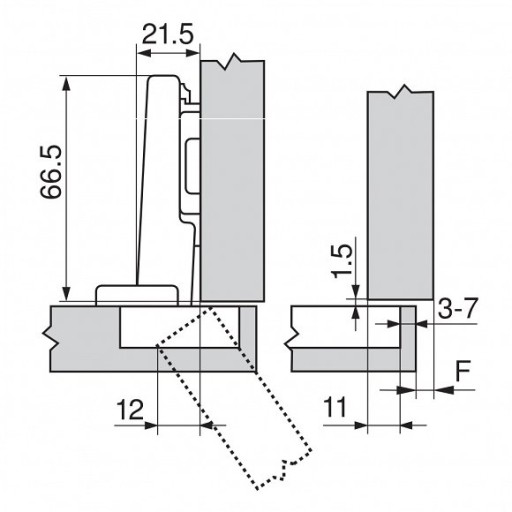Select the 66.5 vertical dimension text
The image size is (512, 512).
(51, 172)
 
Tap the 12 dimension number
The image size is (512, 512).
(130, 410)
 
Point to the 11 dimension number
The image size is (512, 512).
(335, 407)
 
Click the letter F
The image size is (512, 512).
(463, 371)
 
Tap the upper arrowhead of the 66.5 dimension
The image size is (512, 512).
(67, 83)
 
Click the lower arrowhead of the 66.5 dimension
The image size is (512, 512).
(67, 294)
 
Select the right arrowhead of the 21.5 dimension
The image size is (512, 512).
(193, 53)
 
